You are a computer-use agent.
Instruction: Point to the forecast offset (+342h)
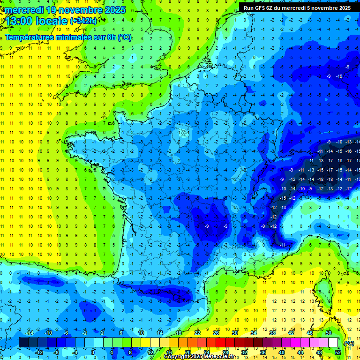click(x=84, y=21)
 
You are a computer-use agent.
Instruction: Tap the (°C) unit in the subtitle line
click(x=125, y=37)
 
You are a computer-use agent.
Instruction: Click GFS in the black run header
click(x=262, y=7)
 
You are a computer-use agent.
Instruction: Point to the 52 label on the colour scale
click(x=337, y=352)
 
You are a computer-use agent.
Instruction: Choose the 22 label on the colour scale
click(x=197, y=333)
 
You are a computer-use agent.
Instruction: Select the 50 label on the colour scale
click(x=329, y=333)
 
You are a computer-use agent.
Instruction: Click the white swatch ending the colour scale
click(x=333, y=343)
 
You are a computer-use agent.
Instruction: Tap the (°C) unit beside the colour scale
click(x=349, y=343)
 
